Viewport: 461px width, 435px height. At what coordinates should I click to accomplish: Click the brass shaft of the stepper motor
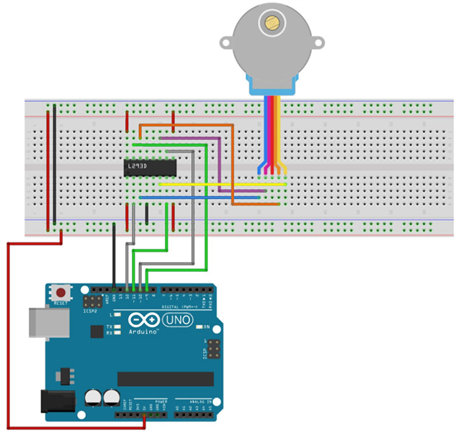click(272, 22)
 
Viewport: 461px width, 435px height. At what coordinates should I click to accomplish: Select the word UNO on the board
click(177, 319)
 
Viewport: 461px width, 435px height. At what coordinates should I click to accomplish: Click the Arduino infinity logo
click(144, 319)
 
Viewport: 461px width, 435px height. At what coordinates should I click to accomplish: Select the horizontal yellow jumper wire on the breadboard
click(223, 185)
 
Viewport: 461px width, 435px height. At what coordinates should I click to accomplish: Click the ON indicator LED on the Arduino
click(197, 327)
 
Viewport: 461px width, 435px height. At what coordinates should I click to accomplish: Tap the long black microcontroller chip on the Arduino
click(166, 379)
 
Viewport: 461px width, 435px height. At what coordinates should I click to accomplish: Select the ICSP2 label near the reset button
click(89, 311)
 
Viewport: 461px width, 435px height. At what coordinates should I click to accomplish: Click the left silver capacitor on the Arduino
click(94, 398)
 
